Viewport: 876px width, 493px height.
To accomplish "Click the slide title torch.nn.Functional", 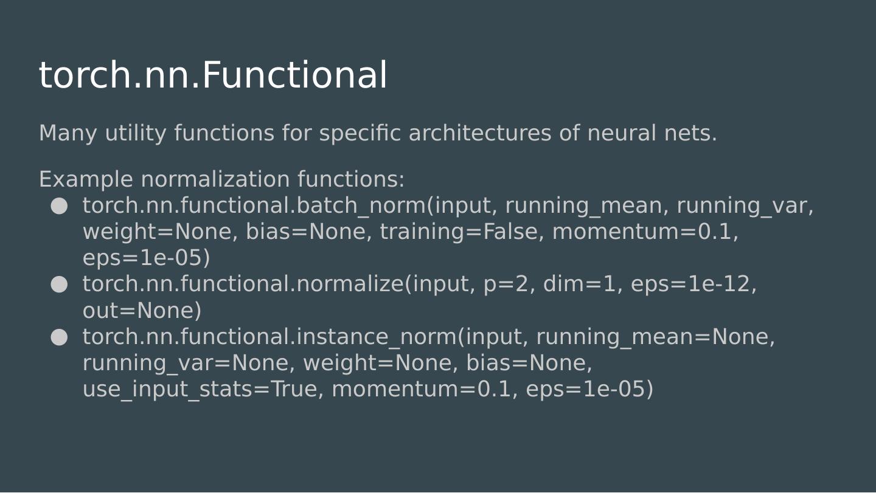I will point(213,75).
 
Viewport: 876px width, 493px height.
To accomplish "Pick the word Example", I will point(86,180).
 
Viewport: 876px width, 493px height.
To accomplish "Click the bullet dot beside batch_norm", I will point(59,206).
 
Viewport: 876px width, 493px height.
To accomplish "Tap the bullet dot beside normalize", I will point(59,284).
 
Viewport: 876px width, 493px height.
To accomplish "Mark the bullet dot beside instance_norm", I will point(59,337).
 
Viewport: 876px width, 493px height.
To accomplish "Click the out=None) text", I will point(142,311).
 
